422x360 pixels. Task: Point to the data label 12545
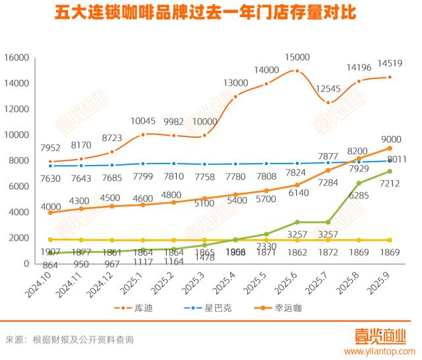click(x=328, y=90)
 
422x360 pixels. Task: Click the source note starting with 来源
click(x=70, y=340)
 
